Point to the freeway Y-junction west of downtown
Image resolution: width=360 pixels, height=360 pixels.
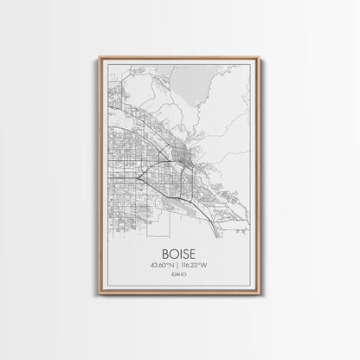click(x=140, y=174)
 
